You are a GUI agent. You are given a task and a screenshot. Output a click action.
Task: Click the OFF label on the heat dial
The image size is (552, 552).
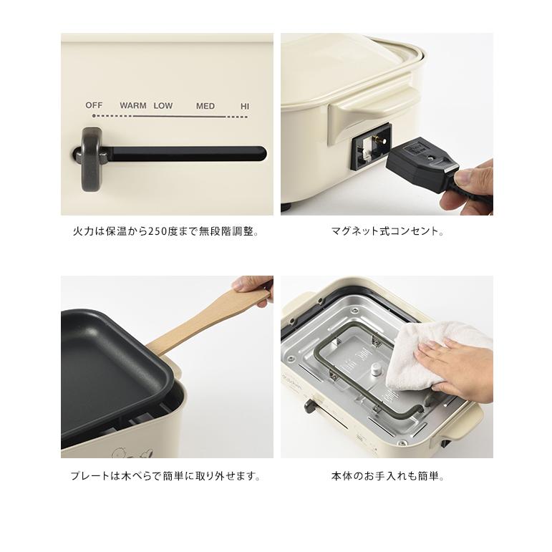coord(94,105)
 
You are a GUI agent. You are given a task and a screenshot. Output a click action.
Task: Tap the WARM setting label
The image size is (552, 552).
coord(133,106)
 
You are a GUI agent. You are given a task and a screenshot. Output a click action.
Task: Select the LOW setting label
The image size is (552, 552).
coord(163,106)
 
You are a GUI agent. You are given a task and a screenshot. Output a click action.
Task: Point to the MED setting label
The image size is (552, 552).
coord(205,107)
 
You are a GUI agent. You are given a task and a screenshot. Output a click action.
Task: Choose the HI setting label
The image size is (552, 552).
coord(245,107)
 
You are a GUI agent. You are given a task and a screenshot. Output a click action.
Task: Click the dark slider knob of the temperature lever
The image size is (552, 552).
coord(92,152)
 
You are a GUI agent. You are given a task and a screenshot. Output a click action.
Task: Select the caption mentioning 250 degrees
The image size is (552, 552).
coord(165,232)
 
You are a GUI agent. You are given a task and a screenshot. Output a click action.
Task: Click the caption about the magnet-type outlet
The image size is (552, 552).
coord(387,232)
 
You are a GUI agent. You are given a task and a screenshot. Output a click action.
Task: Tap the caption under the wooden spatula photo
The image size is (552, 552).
coord(165,476)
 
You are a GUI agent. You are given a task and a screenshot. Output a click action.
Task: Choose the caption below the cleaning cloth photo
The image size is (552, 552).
coord(387,476)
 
